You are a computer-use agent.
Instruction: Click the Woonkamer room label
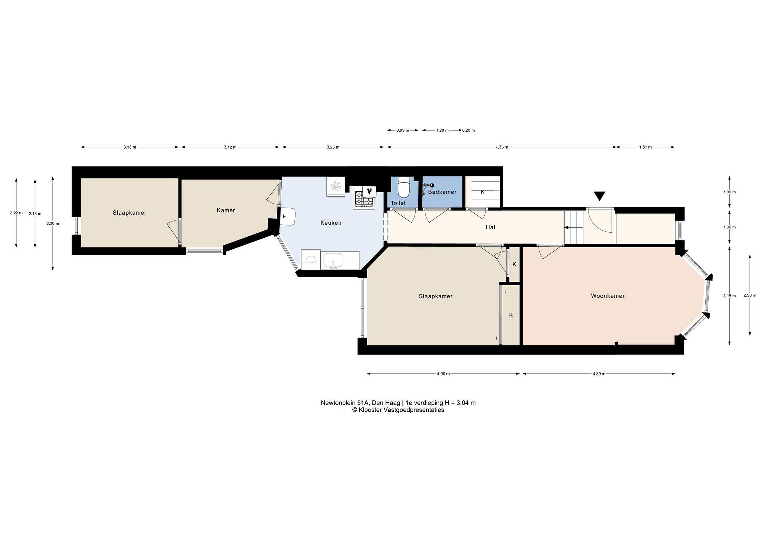[607, 296]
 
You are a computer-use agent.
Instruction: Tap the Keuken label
[331, 223]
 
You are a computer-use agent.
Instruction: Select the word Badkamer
[442, 192]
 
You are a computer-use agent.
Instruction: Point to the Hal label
[490, 227]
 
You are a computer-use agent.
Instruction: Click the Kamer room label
[226, 210]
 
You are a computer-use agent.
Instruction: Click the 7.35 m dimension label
[501, 147]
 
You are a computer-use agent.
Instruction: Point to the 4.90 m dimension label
[443, 374]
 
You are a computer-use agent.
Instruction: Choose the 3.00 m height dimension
[53, 224]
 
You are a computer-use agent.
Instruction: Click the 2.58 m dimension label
[750, 295]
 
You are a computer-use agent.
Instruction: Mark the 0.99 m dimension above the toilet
[403, 130]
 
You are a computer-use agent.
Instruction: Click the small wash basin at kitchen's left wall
[288, 217]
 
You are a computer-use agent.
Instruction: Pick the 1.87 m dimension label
[645, 147]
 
